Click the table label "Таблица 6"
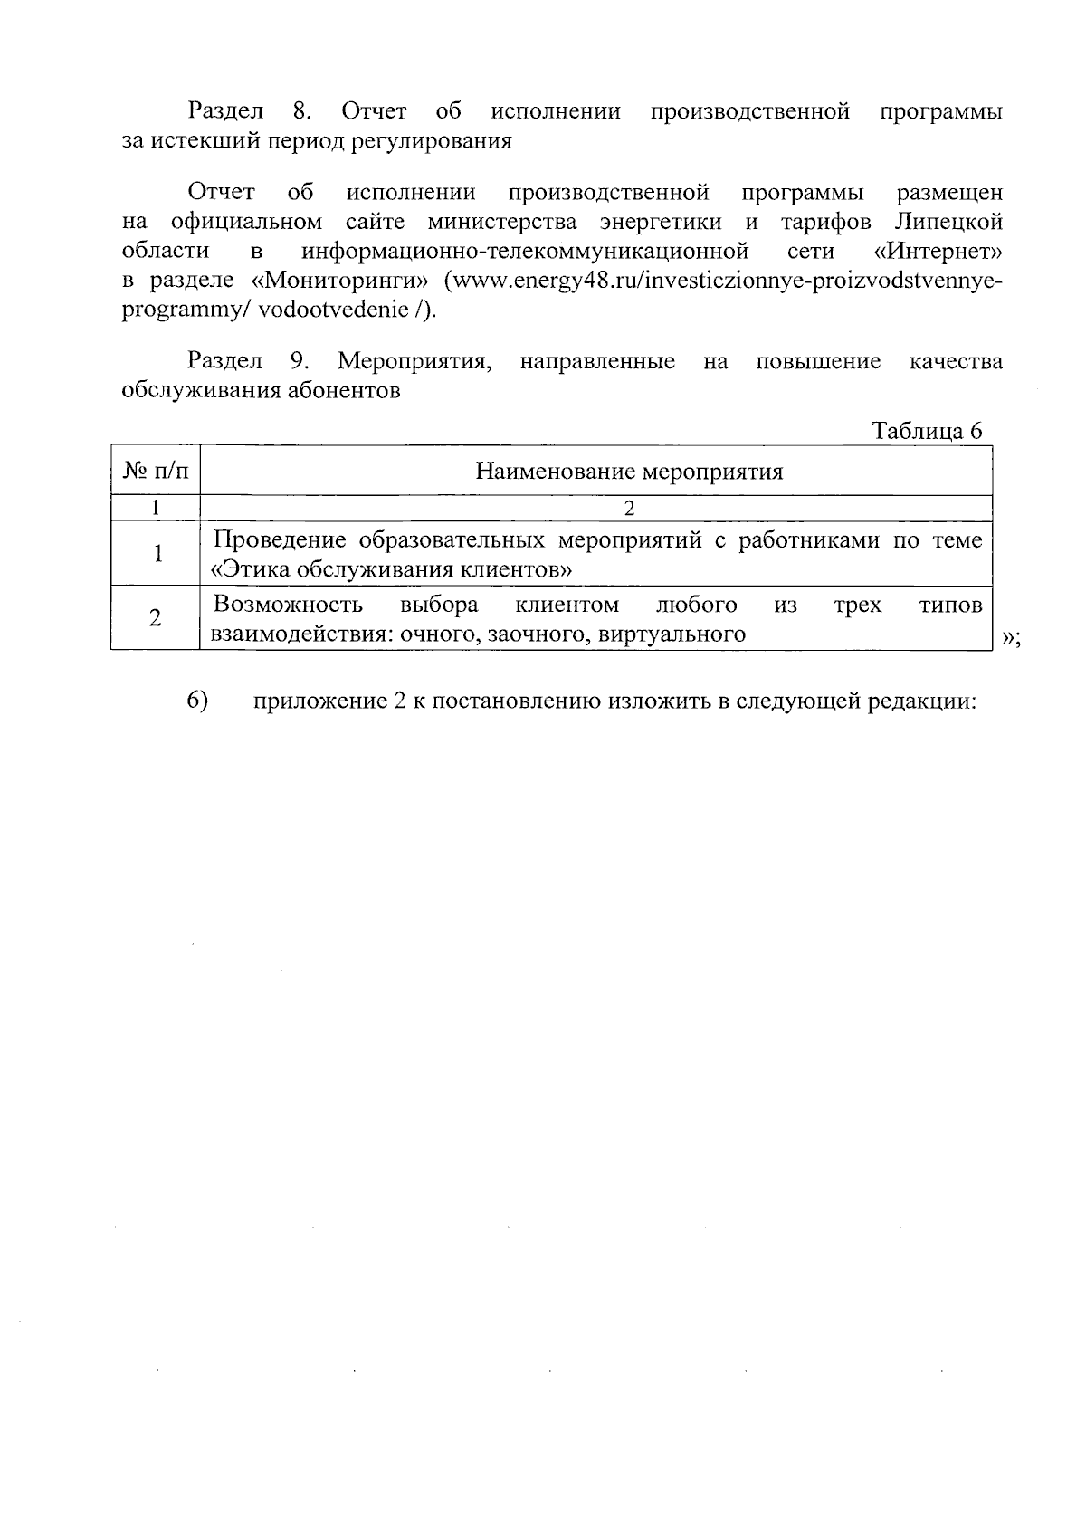926,431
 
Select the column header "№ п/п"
155,472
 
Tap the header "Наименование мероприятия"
630,472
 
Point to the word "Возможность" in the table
287,605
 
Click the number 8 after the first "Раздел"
301,112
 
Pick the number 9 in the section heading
300,362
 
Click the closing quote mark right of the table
1009,639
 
